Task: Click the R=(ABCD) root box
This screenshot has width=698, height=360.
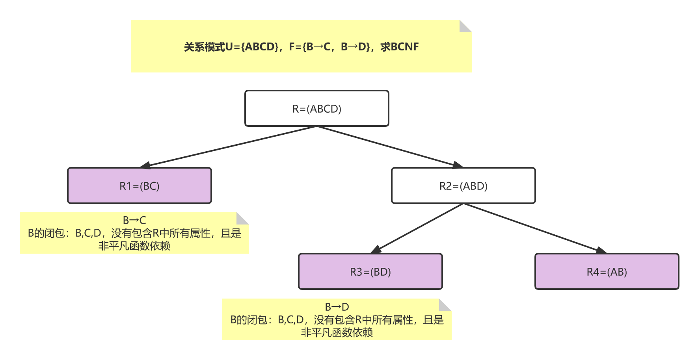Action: [x=316, y=109]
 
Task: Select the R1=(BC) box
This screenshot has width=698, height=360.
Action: [x=140, y=186]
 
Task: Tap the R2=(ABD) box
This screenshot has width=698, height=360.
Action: [x=463, y=186]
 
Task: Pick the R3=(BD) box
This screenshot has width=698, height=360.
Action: [x=370, y=272]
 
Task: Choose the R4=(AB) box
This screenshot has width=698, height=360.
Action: [x=607, y=272]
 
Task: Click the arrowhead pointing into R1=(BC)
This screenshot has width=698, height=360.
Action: [x=145, y=165]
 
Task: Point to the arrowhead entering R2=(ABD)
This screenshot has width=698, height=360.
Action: [x=458, y=165]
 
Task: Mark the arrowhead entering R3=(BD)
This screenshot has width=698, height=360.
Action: [x=376, y=250]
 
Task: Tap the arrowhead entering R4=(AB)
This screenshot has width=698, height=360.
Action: [x=601, y=250]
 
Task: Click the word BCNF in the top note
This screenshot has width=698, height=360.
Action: [x=405, y=47]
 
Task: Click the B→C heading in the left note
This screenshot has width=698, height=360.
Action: [x=134, y=220]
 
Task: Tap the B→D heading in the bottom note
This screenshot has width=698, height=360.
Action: [x=337, y=307]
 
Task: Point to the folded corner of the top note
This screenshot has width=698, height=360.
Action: [x=465, y=26]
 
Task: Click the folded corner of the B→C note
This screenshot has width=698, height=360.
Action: [x=242, y=218]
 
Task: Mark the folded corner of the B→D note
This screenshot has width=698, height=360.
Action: [x=445, y=305]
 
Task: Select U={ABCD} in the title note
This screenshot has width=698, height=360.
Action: [x=252, y=47]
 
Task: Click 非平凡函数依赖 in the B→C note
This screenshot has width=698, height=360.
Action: [x=134, y=246]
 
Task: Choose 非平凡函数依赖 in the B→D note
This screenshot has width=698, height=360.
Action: [x=337, y=333]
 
